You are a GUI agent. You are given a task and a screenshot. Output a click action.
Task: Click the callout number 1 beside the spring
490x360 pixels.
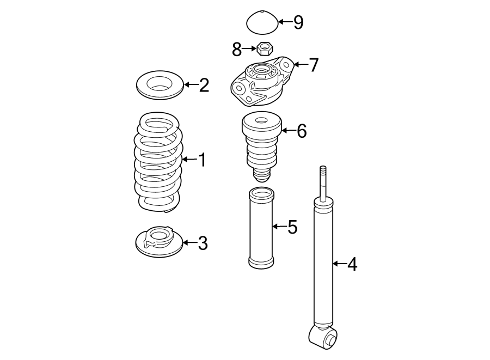pos(202,160)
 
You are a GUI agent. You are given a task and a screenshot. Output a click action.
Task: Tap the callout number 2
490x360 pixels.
pos(204,85)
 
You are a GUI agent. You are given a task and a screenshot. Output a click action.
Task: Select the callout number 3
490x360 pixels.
pos(203,243)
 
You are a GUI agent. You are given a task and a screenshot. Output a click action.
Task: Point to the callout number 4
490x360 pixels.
pos(352,265)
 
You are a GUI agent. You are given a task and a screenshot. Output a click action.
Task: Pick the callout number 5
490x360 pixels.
pos(292,227)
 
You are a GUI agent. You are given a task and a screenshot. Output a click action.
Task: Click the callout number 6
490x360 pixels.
pos(301,131)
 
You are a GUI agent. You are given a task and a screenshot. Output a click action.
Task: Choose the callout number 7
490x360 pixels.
pos(313,65)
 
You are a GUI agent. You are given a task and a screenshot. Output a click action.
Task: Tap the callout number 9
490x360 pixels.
pos(298,22)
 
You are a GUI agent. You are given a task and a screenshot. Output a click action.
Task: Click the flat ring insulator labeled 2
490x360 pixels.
pos(158,86)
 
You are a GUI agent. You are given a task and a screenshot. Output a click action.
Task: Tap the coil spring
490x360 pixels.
pos(158,163)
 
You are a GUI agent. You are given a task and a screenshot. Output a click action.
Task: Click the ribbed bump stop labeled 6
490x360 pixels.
pos(261,144)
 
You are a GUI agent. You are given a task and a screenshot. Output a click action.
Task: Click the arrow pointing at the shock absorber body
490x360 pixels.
pos(339,264)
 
